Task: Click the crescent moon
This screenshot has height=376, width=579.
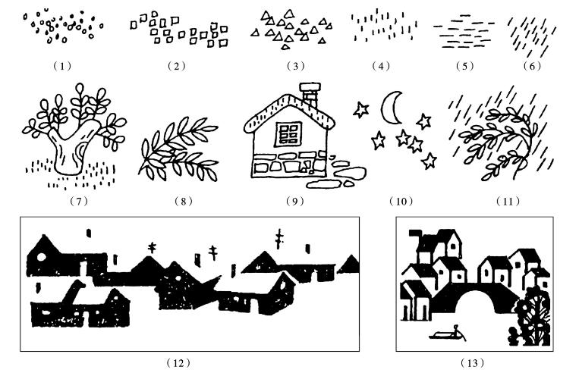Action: tap(392, 108)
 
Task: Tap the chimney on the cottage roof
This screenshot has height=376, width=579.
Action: tap(310, 94)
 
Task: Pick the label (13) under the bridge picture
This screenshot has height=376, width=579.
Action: tap(476, 363)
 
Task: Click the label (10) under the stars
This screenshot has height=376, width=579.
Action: tap(398, 201)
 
